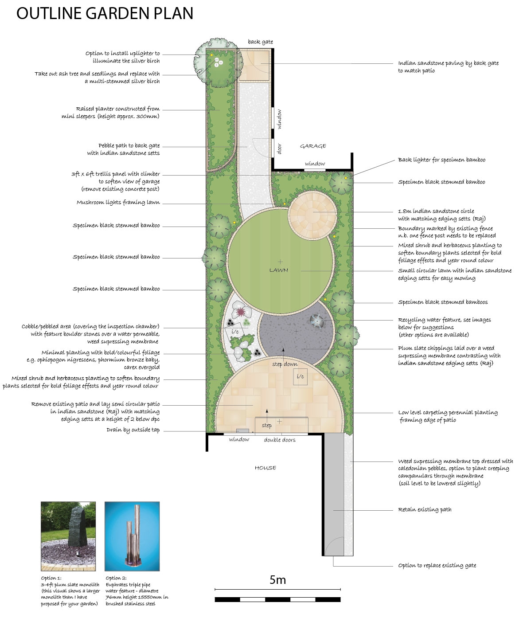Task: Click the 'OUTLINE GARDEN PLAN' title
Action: (105, 14)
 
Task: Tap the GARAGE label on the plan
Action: (313, 146)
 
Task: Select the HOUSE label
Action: (265, 468)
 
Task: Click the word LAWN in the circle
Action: (278, 270)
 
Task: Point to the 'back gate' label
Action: (261, 42)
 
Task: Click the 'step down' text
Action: (285, 364)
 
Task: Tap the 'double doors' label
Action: (280, 440)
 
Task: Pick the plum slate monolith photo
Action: (68, 536)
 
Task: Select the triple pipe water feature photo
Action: (132, 536)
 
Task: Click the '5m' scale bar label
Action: (277, 579)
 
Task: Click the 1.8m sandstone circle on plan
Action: (312, 215)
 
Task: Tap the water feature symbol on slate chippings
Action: (317, 321)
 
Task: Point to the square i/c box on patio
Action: (300, 376)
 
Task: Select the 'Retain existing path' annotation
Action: (425, 509)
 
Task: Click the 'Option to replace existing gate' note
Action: (437, 565)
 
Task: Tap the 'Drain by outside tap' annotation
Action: (133, 430)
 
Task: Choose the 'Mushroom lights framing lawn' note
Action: (118, 203)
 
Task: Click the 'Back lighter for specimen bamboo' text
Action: (441, 160)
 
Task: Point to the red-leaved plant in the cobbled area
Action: (240, 312)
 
